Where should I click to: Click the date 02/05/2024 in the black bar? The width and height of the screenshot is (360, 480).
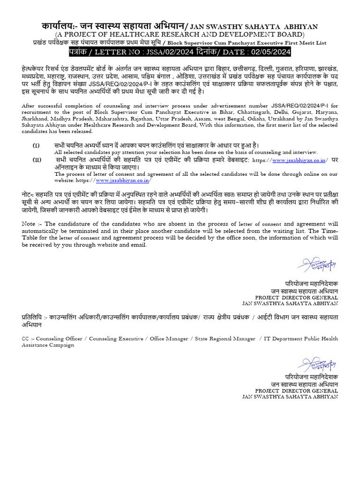click(x=269, y=51)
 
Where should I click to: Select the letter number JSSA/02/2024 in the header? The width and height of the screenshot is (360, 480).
click(x=167, y=51)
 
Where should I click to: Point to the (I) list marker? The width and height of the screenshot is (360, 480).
click(x=36, y=145)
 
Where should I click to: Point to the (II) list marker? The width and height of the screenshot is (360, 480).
click(x=37, y=160)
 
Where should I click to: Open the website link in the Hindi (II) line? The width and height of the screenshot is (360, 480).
click(x=299, y=160)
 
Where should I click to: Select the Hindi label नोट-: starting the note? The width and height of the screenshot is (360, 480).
click(x=31, y=194)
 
